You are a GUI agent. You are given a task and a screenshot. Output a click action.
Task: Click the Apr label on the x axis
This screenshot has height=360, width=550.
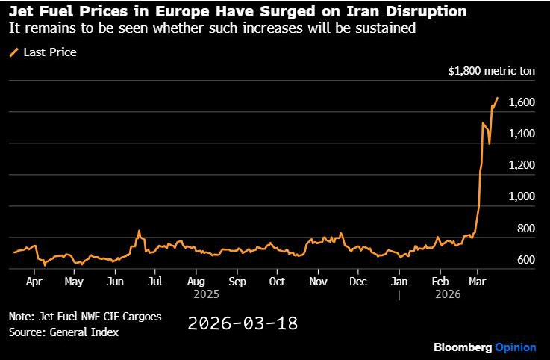coord(34,282)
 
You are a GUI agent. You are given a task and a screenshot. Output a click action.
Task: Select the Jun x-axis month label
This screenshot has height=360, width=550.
coord(115,282)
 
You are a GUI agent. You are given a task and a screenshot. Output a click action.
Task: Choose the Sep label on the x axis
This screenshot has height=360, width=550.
coord(237,282)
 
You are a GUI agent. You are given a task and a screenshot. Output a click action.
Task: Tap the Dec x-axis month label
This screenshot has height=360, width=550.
coord(358,282)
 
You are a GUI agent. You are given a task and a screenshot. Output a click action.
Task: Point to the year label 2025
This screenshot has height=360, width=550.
coord(206,294)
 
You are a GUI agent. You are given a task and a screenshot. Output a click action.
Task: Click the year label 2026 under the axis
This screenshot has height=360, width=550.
coord(449,294)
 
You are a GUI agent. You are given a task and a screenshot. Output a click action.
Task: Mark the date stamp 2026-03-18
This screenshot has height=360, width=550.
coord(243,323)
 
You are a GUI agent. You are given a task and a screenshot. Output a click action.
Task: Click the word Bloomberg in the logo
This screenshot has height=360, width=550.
coord(463,347)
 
